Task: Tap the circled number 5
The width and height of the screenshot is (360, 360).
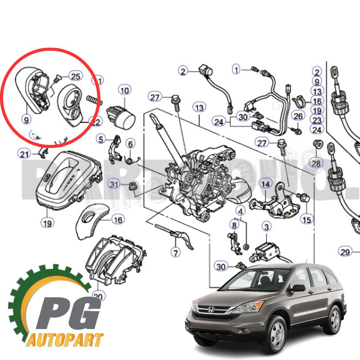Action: pos(101,139)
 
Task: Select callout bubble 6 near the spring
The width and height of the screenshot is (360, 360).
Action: pos(130,144)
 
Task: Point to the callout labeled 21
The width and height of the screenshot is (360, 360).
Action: pos(24,154)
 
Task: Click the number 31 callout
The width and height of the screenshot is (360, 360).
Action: pos(114,185)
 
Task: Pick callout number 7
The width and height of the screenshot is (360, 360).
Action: pos(175,252)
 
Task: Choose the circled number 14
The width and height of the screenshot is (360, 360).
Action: pos(265,184)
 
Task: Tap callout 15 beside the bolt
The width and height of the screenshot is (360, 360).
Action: pos(307,219)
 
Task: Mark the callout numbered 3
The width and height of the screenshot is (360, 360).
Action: pos(266,227)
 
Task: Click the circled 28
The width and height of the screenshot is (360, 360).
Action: pos(316,163)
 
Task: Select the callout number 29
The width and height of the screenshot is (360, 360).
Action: pos(345,252)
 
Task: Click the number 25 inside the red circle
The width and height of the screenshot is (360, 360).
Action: pos(75,76)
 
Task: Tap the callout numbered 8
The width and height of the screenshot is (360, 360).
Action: pos(234,225)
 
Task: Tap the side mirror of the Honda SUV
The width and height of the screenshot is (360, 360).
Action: pos(298,288)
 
